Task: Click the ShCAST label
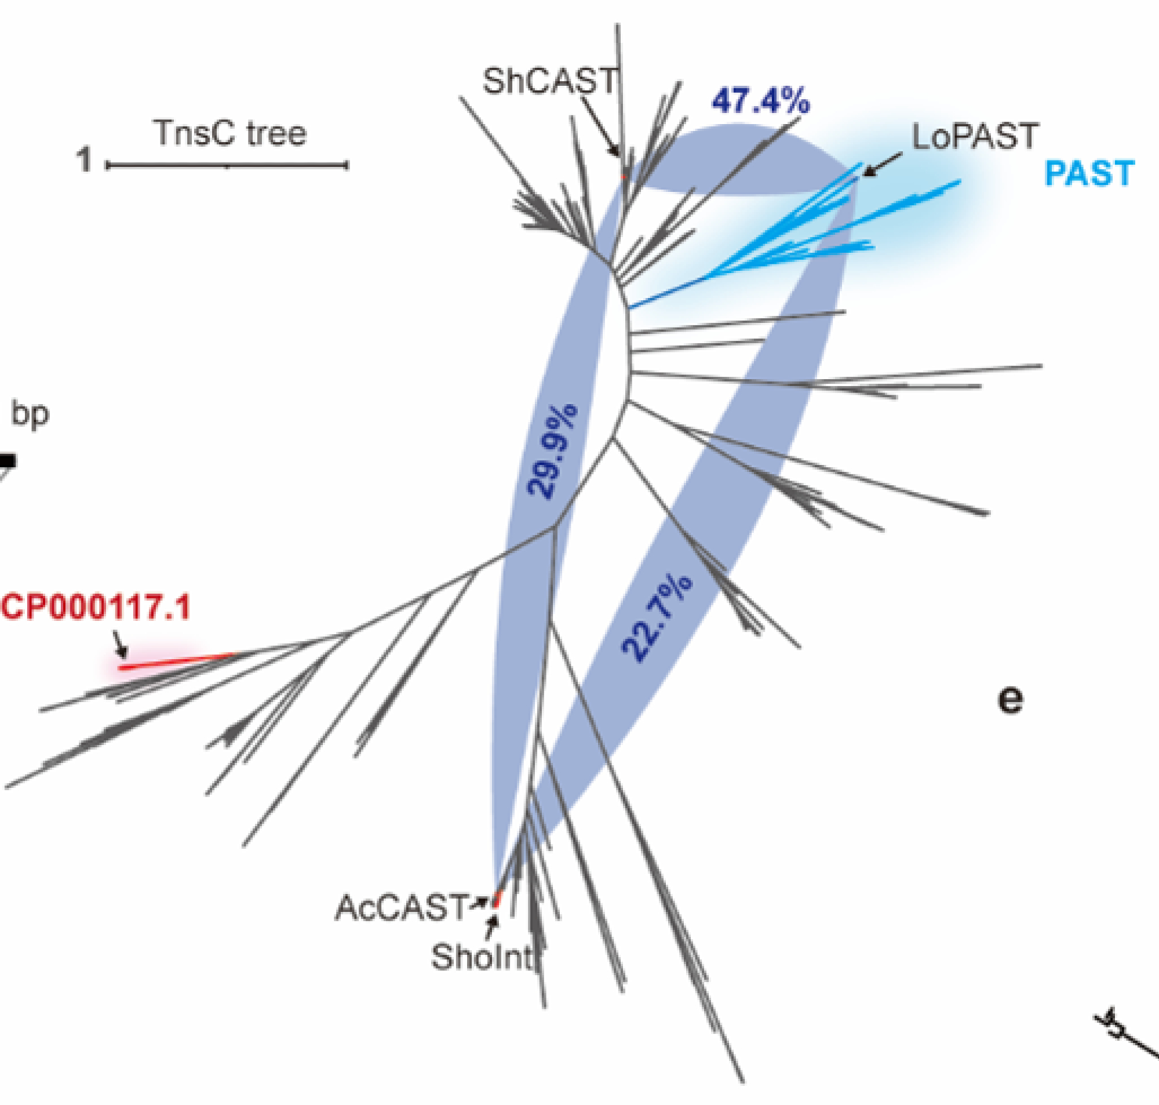pos(550,81)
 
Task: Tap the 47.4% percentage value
pos(760,101)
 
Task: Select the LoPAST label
pos(975,137)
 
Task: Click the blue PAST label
pos(1089,174)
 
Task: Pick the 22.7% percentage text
pos(657,618)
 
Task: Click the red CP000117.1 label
pos(96,606)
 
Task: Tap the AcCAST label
pos(401,908)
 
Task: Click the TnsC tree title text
pos(230,133)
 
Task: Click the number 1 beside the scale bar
pos(85,159)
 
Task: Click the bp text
pos(30,414)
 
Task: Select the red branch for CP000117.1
pos(177,661)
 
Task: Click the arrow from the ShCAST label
pos(600,126)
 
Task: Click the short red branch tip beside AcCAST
pos(496,899)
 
